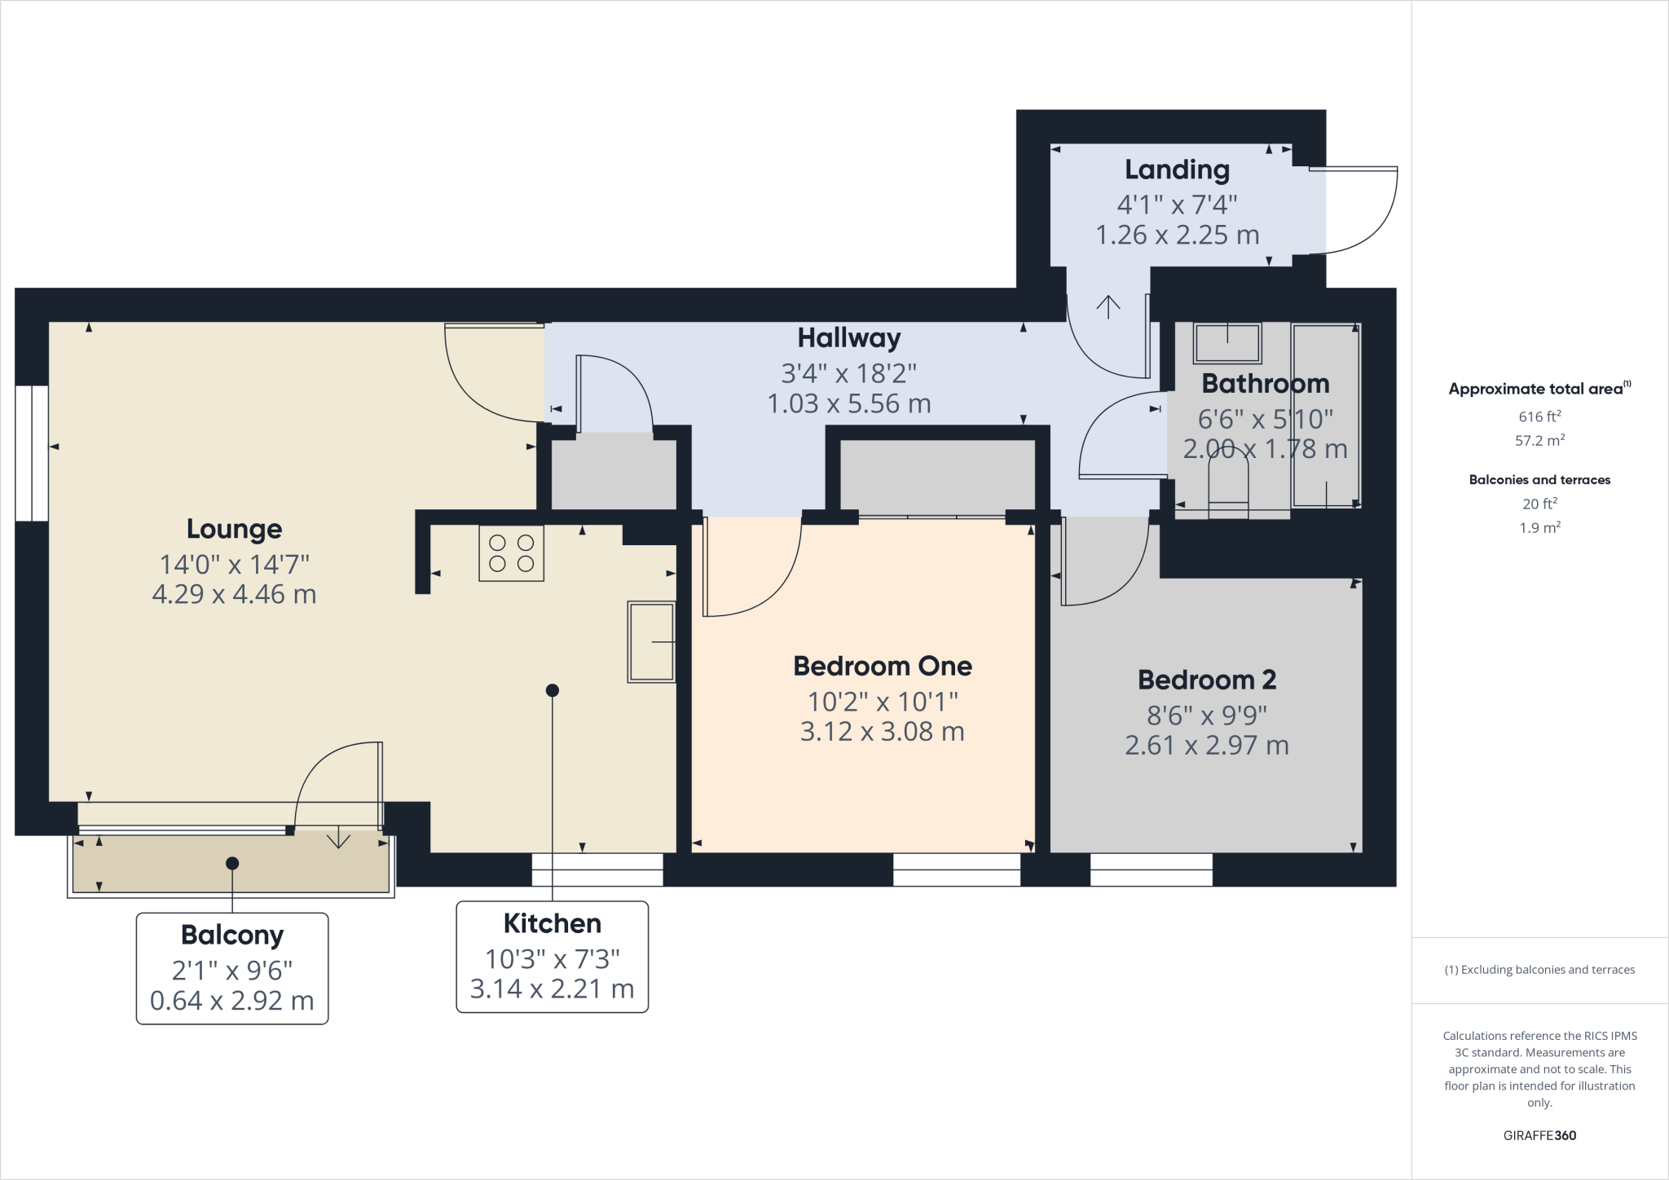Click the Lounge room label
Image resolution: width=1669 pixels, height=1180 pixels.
tap(234, 529)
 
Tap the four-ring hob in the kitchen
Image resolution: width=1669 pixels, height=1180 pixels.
tap(511, 553)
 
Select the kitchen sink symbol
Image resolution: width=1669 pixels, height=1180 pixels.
tap(650, 642)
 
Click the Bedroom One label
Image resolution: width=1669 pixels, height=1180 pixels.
tap(883, 666)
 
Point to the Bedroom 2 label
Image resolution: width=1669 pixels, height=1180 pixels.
tap(1206, 679)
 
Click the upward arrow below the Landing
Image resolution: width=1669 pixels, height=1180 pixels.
tap(1108, 306)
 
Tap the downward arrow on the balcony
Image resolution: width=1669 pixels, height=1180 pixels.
tap(338, 839)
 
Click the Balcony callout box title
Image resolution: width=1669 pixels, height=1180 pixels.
tap(232, 935)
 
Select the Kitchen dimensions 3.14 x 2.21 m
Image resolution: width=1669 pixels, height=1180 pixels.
tap(552, 988)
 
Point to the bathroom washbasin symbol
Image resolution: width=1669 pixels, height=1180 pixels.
tap(1227, 342)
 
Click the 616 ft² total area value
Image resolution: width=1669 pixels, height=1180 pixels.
tap(1539, 416)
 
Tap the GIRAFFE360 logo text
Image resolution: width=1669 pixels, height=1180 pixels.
tap(1539, 1135)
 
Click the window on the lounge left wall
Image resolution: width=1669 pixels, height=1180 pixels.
tap(32, 453)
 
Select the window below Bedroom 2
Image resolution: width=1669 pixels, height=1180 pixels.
tap(1151, 870)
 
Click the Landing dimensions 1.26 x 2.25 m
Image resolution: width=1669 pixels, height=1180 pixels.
tap(1177, 235)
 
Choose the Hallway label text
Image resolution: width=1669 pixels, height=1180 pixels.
tap(848, 337)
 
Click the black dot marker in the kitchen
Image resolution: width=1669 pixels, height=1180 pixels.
tap(552, 690)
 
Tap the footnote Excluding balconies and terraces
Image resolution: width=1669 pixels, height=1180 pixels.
tap(1539, 970)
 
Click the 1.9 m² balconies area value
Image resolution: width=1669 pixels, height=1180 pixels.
tap(1539, 527)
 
